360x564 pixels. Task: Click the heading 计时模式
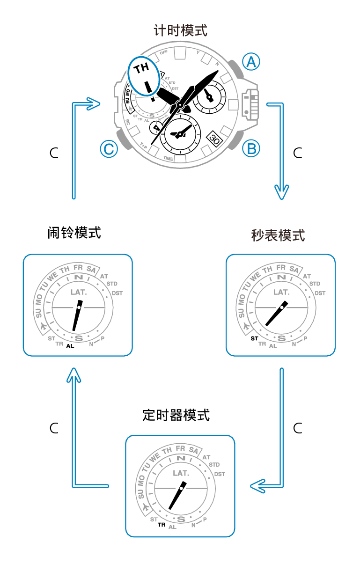coord(180,31)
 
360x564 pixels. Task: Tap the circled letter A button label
coord(251,61)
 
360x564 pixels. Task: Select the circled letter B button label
coord(251,148)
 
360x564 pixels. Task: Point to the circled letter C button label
coord(109,149)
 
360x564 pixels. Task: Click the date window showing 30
coord(214,139)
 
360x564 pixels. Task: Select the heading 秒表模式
coord(278,235)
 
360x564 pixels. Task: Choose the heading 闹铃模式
coord(74,232)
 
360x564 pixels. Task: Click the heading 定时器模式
coord(176,415)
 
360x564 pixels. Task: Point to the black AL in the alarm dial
coord(70,346)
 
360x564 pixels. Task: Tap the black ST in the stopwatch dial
coord(254,338)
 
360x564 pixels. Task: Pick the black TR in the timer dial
coord(162,525)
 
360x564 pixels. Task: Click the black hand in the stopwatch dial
coord(276,314)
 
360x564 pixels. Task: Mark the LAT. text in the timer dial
coord(180,473)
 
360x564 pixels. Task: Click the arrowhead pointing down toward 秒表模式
coord(281,192)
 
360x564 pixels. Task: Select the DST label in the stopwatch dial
coord(320,293)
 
